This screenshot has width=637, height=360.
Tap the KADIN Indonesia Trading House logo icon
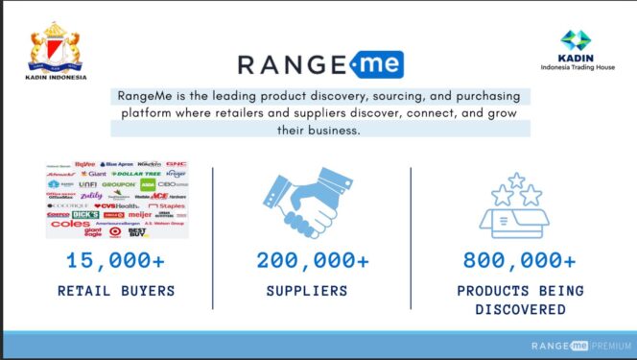[x=576, y=40]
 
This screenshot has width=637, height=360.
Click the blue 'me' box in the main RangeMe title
[x=375, y=65]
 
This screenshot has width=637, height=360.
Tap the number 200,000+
[x=312, y=260]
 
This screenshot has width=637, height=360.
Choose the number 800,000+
[x=520, y=260]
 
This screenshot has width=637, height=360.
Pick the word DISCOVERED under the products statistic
[x=520, y=310]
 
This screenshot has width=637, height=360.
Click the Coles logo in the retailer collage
[x=69, y=225]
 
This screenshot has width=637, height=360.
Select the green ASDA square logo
[x=148, y=184]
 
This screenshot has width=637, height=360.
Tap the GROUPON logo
[x=117, y=184]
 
